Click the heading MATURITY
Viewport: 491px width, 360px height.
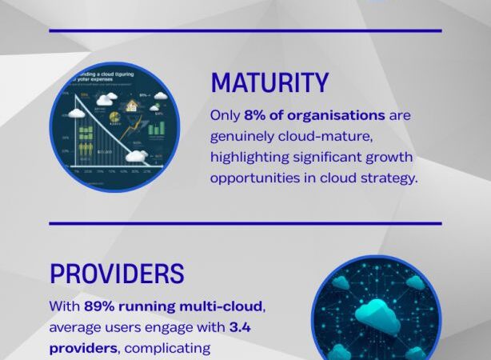(x=269, y=83)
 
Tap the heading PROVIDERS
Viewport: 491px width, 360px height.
(x=117, y=274)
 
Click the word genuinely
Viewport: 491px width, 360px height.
(x=243, y=136)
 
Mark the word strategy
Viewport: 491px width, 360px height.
(x=389, y=178)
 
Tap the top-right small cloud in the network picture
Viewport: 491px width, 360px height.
(x=414, y=282)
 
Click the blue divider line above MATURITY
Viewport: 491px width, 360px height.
(x=245, y=30)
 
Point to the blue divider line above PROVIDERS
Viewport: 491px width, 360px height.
(x=245, y=223)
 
